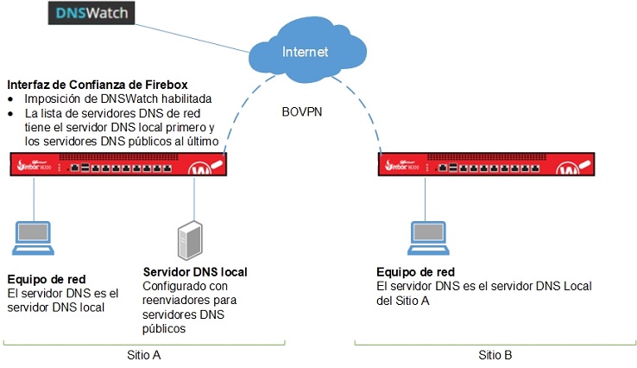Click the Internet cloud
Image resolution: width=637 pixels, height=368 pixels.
click(305, 52)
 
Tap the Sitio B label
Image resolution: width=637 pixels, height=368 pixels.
click(495, 355)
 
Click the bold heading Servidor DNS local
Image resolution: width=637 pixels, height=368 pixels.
click(195, 272)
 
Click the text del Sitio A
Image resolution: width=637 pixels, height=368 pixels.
click(403, 300)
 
